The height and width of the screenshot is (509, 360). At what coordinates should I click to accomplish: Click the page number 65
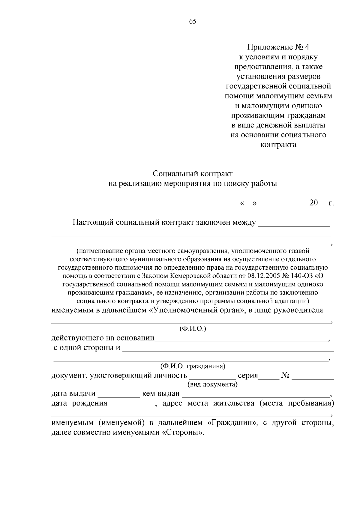(193, 21)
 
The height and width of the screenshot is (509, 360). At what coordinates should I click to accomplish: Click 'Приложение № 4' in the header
(278, 47)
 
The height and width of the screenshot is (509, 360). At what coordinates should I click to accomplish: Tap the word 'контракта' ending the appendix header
(278, 145)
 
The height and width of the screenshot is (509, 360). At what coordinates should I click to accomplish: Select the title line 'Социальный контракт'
(193, 174)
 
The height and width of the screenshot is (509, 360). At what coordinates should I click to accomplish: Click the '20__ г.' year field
(321, 203)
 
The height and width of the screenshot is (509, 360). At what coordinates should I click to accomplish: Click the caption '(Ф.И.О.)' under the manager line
(193, 329)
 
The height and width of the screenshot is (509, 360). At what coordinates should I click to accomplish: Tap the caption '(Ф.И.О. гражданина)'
(193, 366)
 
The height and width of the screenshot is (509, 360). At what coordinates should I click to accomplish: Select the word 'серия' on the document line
(248, 376)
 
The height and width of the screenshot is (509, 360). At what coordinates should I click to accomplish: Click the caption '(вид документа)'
(212, 385)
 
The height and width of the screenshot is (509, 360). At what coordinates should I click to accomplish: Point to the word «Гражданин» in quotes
(233, 423)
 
